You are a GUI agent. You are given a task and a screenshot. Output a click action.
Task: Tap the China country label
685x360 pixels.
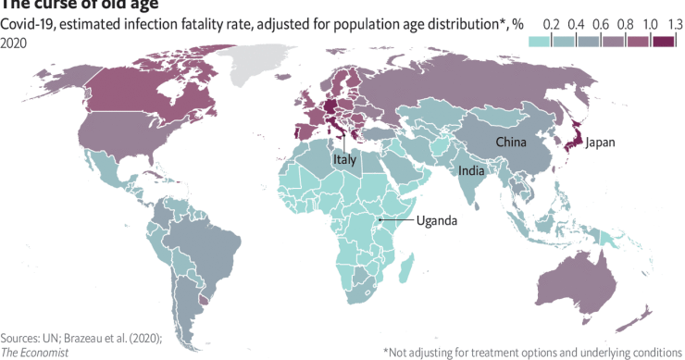511,142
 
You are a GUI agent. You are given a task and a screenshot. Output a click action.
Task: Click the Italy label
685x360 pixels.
344,160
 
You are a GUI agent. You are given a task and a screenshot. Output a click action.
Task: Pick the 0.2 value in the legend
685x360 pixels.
553,22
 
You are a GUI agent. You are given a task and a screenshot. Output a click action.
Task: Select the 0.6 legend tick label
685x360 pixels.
598,22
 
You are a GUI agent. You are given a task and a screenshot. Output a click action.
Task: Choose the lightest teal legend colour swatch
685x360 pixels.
541,40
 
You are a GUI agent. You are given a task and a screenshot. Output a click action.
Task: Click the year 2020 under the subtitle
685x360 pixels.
13,42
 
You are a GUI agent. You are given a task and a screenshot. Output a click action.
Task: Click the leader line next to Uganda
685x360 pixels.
398,220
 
